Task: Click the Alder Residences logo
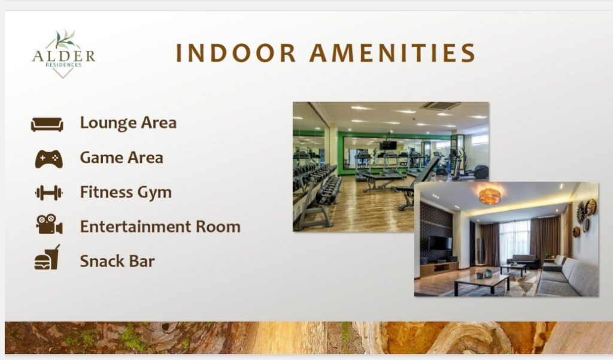click(x=63, y=55)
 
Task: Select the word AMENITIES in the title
click(x=393, y=53)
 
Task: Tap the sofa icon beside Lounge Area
click(x=47, y=124)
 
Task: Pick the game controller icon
click(x=49, y=159)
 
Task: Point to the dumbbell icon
click(x=49, y=193)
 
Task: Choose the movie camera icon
click(x=49, y=225)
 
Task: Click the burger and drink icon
click(x=47, y=258)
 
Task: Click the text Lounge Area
click(x=128, y=123)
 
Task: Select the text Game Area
click(x=122, y=158)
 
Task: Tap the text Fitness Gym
click(x=126, y=192)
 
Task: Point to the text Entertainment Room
click(x=160, y=226)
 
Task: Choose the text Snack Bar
click(x=117, y=261)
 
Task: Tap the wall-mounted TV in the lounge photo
click(x=440, y=243)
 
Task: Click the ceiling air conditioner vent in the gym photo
click(x=441, y=105)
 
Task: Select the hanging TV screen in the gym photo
click(x=388, y=145)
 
